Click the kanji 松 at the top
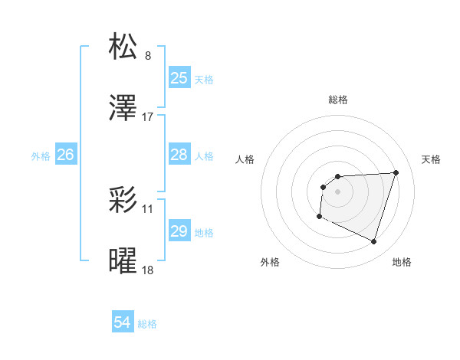pos(123,47)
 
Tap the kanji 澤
pos(123,109)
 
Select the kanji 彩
pos(123,199)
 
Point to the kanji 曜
pos(123,261)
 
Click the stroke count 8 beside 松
pos(148,55)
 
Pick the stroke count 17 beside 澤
pos(148,117)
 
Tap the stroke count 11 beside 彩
pos(148,208)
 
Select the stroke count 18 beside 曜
pos(148,270)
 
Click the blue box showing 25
pos(179,78)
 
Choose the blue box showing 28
pos(179,155)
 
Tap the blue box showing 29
pos(179,231)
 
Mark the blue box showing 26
pos(65,155)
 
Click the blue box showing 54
pos(123,323)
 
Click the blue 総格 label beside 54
pos(147,324)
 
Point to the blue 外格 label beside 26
pos(41,155)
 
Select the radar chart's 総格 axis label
pos(338,100)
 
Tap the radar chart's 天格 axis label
pos(432,159)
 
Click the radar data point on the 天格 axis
pos(396,172)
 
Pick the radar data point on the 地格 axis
pos(374,242)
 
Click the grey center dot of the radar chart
pos(338,191)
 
